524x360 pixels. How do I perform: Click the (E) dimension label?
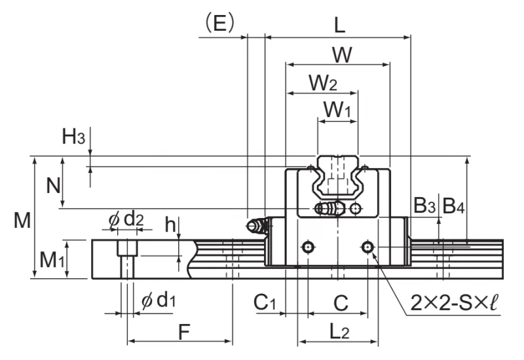[219, 23]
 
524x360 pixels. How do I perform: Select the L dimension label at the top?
[339, 25]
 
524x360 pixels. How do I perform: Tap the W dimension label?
[342, 55]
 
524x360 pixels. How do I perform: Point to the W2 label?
[322, 83]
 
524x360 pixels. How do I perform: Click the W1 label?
[337, 109]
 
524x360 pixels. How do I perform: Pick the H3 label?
[73, 136]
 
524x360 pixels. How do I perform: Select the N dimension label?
[53, 185]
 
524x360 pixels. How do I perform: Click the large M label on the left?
[22, 220]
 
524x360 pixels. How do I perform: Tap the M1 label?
[52, 259]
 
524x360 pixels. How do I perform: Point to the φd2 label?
[126, 220]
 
